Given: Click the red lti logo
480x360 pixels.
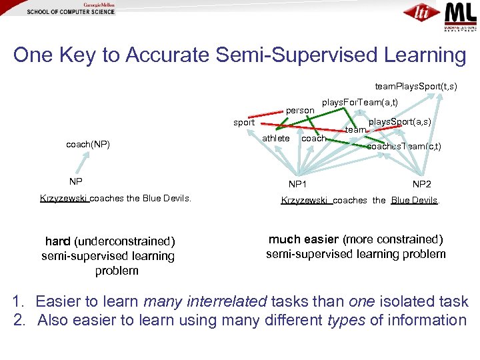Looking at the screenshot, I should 421,13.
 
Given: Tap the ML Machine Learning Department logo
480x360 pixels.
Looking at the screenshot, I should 461,13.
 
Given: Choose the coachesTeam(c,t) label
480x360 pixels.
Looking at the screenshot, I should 404,146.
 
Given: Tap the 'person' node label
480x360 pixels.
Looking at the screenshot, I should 300,110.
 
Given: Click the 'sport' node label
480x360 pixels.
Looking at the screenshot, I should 244,123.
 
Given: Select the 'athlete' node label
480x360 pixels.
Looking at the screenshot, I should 276,138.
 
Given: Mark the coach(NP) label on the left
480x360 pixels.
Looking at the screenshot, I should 88,144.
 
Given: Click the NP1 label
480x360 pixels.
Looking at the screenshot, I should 297,184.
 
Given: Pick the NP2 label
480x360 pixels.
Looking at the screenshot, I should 421,184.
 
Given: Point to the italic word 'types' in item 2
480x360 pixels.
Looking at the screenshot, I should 346,320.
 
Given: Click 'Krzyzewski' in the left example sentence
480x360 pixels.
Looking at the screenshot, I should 64,198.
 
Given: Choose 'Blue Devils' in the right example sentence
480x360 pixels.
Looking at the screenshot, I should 414,200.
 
